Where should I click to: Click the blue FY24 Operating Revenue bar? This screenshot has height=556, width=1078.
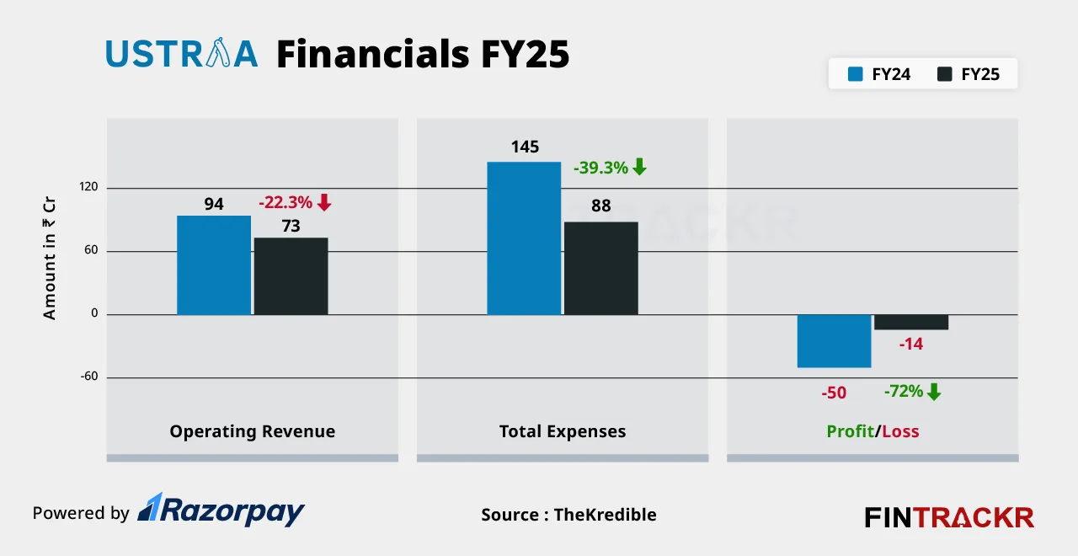(214, 265)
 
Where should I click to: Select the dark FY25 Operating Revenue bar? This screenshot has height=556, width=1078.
(291, 276)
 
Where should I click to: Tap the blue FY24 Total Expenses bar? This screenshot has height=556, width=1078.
(524, 238)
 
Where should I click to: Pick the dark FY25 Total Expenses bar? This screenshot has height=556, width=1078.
(600, 268)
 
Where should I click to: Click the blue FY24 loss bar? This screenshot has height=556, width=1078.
(834, 341)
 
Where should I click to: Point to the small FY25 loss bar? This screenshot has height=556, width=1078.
(911, 322)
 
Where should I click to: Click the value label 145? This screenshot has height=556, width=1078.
(525, 147)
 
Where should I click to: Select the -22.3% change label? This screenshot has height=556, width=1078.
(286, 202)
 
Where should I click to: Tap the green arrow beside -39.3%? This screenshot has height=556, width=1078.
(639, 167)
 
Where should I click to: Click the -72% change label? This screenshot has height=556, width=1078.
(903, 391)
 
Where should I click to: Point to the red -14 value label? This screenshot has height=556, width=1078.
(911, 344)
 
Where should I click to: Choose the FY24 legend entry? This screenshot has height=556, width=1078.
(879, 74)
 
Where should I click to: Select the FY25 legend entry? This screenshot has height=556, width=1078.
(969, 74)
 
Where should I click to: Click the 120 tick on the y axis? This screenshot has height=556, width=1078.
(89, 187)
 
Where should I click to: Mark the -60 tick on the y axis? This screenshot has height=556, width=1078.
(89, 377)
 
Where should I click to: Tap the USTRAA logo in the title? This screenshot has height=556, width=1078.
(181, 54)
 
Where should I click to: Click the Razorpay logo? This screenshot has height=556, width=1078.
(221, 511)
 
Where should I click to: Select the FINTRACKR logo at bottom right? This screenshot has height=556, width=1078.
(949, 516)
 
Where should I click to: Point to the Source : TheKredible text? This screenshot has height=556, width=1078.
(568, 515)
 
